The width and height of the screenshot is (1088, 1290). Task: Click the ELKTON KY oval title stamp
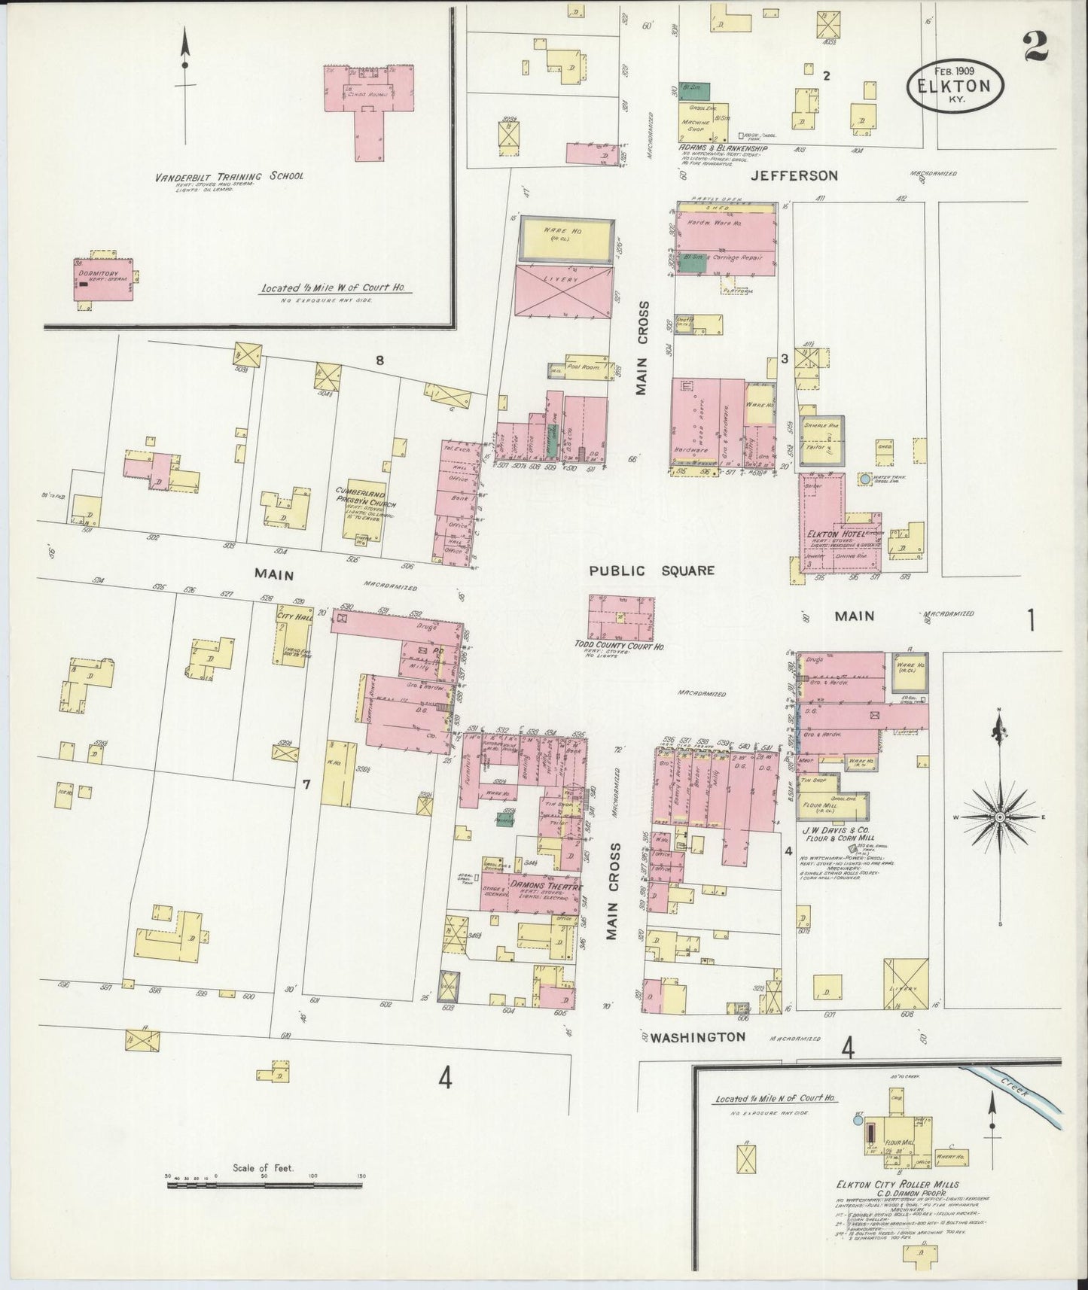pyautogui.click(x=958, y=85)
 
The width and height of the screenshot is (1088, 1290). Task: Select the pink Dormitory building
pyautogui.click(x=103, y=279)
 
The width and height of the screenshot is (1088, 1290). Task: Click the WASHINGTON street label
pyautogui.click(x=697, y=1036)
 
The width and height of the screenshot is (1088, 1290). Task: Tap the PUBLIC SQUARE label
pyautogui.click(x=651, y=570)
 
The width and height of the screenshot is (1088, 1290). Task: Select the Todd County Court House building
pyautogui.click(x=621, y=618)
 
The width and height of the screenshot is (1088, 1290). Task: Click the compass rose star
pyautogui.click(x=999, y=817)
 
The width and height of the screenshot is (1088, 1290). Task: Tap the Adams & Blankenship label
pyautogui.click(x=722, y=148)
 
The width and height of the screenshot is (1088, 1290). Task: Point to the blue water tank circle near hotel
pyautogui.click(x=865, y=478)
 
